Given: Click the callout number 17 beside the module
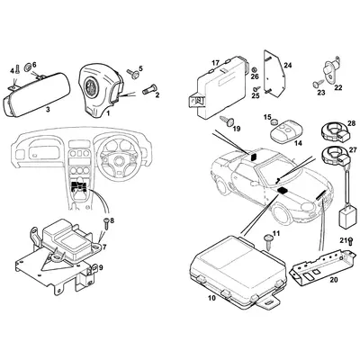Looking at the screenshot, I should point(215,63).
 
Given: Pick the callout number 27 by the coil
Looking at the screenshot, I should point(352,149).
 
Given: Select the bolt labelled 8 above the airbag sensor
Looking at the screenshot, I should point(104,220).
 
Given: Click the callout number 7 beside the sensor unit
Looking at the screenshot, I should point(104,247).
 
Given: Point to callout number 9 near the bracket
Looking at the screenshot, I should point(101,267).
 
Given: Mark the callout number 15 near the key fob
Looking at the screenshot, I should point(267,118).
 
